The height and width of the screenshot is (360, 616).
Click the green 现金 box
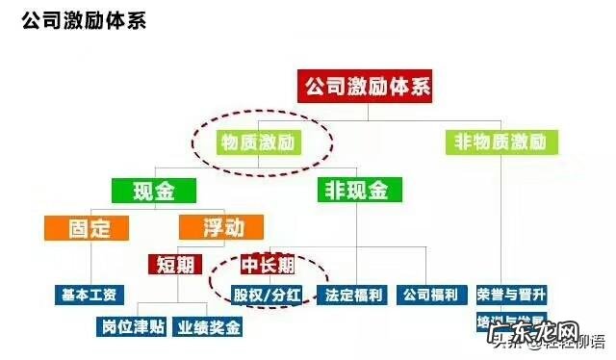(153, 190)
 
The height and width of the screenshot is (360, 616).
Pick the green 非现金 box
(353, 190)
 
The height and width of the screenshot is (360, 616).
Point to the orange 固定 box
(90, 228)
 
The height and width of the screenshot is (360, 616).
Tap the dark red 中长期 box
(269, 263)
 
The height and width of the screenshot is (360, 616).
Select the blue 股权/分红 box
(269, 294)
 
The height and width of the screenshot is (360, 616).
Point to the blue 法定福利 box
(354, 294)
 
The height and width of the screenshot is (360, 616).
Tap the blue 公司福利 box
(428, 294)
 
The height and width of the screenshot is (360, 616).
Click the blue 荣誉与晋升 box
(510, 294)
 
